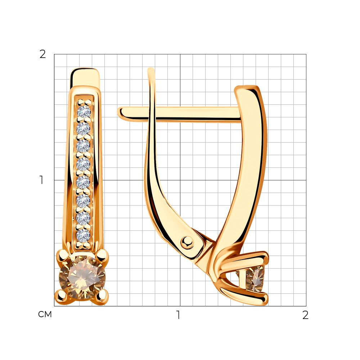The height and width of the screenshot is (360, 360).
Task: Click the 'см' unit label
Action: [x=45, y=314]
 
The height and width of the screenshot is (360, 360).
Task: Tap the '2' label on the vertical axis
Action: [x=43, y=54]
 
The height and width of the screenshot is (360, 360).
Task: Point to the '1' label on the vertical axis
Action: [x=41, y=180]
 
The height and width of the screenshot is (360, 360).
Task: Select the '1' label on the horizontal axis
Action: [x=178, y=315]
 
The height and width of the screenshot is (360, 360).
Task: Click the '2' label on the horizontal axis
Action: [x=305, y=315]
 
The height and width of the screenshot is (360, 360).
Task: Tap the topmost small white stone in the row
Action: [x=84, y=112]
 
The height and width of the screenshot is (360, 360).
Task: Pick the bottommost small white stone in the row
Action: [x=83, y=235]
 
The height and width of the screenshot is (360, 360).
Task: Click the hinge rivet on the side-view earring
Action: [x=187, y=242]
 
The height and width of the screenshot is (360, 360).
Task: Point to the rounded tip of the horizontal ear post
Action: [x=120, y=113]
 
